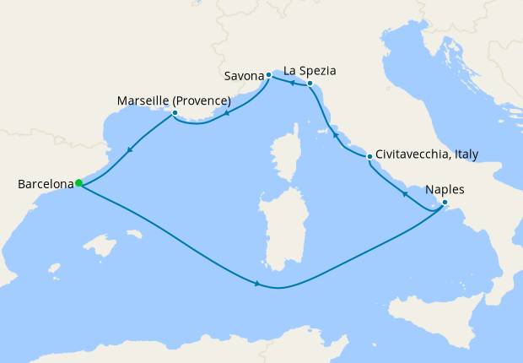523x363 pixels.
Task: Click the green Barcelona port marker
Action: tap(78, 182)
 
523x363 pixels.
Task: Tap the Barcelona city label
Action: tap(44, 183)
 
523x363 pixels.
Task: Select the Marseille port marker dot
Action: tap(175, 112)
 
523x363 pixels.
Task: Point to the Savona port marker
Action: tap(268, 75)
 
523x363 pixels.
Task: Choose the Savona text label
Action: tap(245, 76)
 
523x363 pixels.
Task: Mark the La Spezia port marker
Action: tap(310, 84)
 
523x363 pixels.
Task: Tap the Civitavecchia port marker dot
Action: tap(369, 156)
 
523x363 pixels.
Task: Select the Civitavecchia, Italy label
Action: tap(427, 154)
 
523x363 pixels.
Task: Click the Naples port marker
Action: tap(445, 202)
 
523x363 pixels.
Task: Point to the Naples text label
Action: tap(445, 189)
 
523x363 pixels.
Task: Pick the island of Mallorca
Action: tap(101, 247)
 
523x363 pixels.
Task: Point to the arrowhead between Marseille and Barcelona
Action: tap(130, 150)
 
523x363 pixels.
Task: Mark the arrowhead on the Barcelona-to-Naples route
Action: tap(256, 283)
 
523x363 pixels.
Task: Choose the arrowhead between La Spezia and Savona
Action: tap(289, 83)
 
